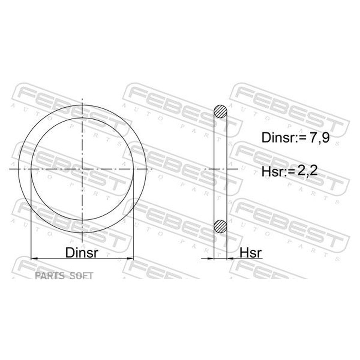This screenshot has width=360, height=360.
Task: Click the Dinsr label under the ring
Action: point(82,252)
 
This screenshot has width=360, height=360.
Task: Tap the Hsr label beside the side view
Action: point(250,253)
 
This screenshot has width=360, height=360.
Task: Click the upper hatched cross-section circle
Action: point(220,111)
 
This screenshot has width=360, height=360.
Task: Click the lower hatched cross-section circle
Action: point(220,226)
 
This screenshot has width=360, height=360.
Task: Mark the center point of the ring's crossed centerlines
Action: point(82,169)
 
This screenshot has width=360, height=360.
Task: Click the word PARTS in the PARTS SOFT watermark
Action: point(49,276)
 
